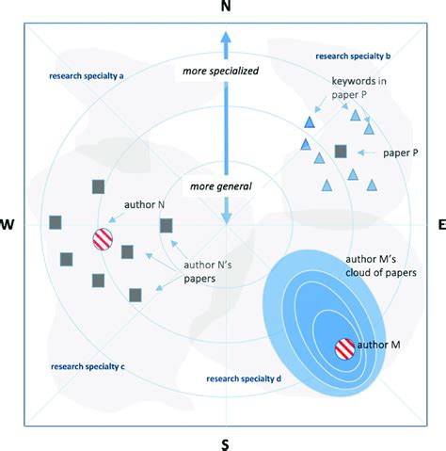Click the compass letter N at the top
(224, 8)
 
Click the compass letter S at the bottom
(224, 443)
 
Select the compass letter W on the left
(8, 224)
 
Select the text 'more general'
(220, 185)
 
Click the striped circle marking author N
(103, 240)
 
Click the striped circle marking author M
(345, 349)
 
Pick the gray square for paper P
(341, 151)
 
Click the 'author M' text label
(382, 346)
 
